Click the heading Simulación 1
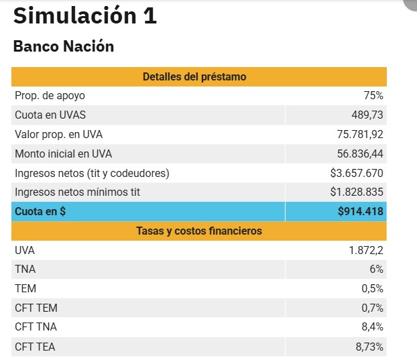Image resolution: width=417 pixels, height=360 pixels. [84, 16]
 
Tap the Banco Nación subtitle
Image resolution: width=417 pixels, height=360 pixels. [64, 47]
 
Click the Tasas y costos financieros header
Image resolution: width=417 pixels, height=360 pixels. [198, 231]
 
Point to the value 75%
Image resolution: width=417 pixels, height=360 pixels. [373, 96]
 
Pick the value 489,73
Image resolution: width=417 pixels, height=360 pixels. [367, 115]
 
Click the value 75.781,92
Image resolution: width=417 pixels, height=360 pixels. [360, 135]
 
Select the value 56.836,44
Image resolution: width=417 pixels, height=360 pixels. [360, 154]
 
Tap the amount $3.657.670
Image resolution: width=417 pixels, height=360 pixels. [357, 174]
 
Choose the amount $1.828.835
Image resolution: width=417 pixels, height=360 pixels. [357, 192]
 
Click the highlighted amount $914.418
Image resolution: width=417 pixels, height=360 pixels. [361, 212]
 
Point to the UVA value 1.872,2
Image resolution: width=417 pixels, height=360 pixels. [366, 250]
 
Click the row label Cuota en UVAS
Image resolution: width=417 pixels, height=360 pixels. [50, 115]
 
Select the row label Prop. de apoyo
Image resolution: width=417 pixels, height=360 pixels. [50, 96]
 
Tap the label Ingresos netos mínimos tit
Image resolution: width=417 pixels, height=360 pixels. [77, 192]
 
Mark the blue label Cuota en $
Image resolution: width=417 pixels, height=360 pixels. [41, 212]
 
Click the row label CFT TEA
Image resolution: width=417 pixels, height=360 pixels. [36, 347]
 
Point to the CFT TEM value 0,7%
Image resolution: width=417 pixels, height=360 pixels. [371, 308]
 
